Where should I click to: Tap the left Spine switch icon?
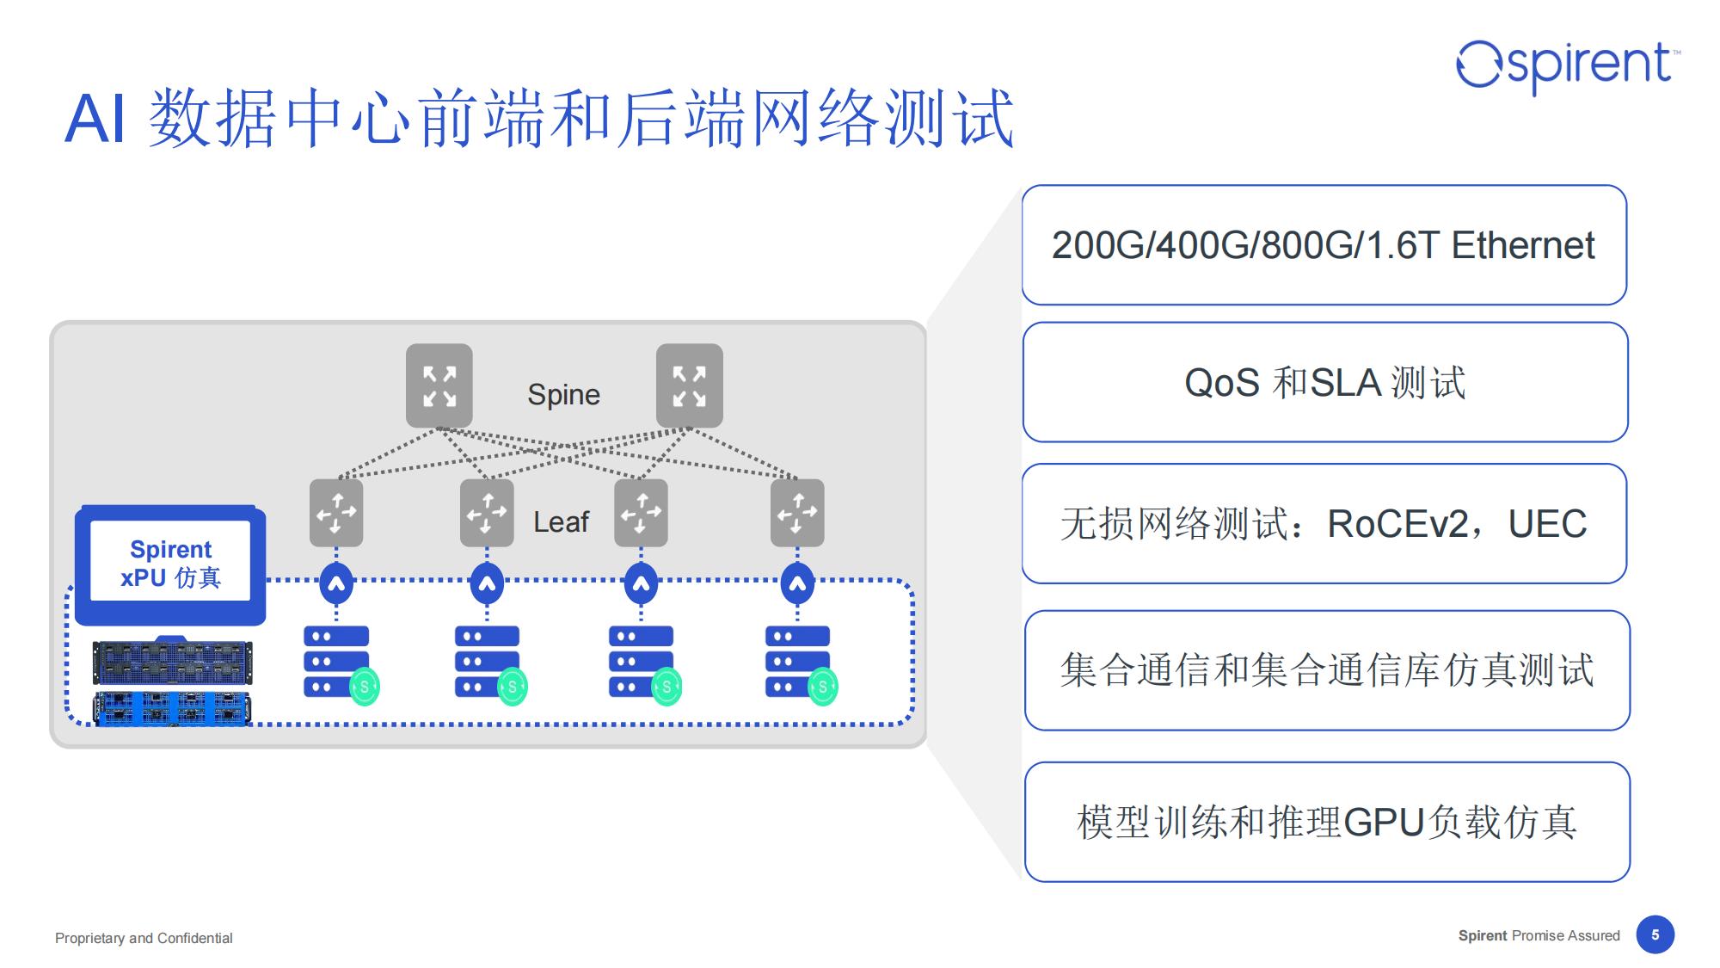pyautogui.click(x=439, y=385)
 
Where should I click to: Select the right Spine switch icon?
pyautogui.click(x=689, y=385)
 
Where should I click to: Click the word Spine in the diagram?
pyautogui.click(x=563, y=395)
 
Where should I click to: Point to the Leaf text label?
pyautogui.click(x=561, y=522)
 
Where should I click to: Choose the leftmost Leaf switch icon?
pyautogui.click(x=336, y=513)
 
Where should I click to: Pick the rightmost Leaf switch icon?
pyautogui.click(x=797, y=513)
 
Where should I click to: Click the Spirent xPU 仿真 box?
pyautogui.click(x=170, y=564)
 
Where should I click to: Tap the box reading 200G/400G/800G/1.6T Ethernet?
pyautogui.click(x=1324, y=245)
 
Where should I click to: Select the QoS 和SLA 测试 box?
pyautogui.click(x=1324, y=382)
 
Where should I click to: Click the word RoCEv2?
pyautogui.click(x=1397, y=524)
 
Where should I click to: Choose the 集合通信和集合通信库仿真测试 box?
pyautogui.click(x=1326, y=670)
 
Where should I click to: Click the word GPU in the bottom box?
pyautogui.click(x=1384, y=823)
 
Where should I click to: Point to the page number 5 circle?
pyautogui.click(x=1655, y=934)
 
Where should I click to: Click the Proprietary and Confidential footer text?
pyautogui.click(x=144, y=938)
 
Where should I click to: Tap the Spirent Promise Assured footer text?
pyautogui.click(x=1539, y=935)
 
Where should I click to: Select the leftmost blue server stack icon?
pyautogui.click(x=335, y=661)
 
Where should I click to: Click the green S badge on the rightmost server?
pyautogui.click(x=823, y=687)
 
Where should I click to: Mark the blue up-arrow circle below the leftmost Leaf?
pyautogui.click(x=336, y=584)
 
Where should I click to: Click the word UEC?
pyautogui.click(x=1547, y=524)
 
